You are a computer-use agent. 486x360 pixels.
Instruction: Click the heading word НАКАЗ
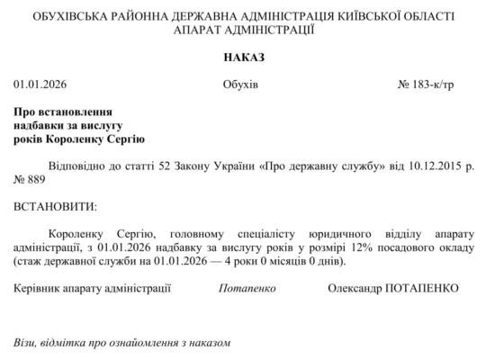[243, 58]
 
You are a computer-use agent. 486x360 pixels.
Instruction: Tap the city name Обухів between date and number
[240, 85]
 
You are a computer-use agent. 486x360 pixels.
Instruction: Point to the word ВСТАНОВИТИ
[54, 206]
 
